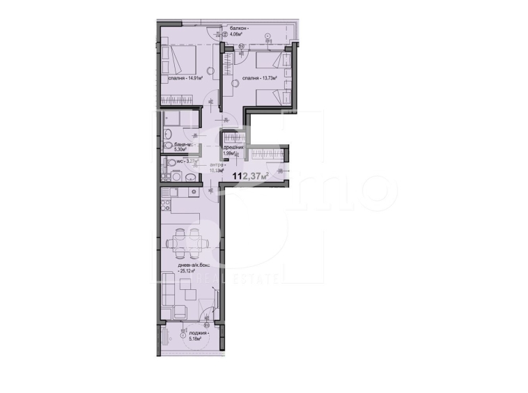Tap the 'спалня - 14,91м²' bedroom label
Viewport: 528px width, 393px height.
point(185,79)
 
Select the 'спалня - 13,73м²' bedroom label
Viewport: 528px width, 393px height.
point(260,79)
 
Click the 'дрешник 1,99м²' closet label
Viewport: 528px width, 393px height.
point(232,151)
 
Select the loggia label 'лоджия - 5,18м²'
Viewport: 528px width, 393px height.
point(199,336)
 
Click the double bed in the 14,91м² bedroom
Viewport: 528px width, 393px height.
point(178,59)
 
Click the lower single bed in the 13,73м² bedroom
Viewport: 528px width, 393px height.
point(270,98)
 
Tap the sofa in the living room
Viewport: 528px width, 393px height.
point(168,289)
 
